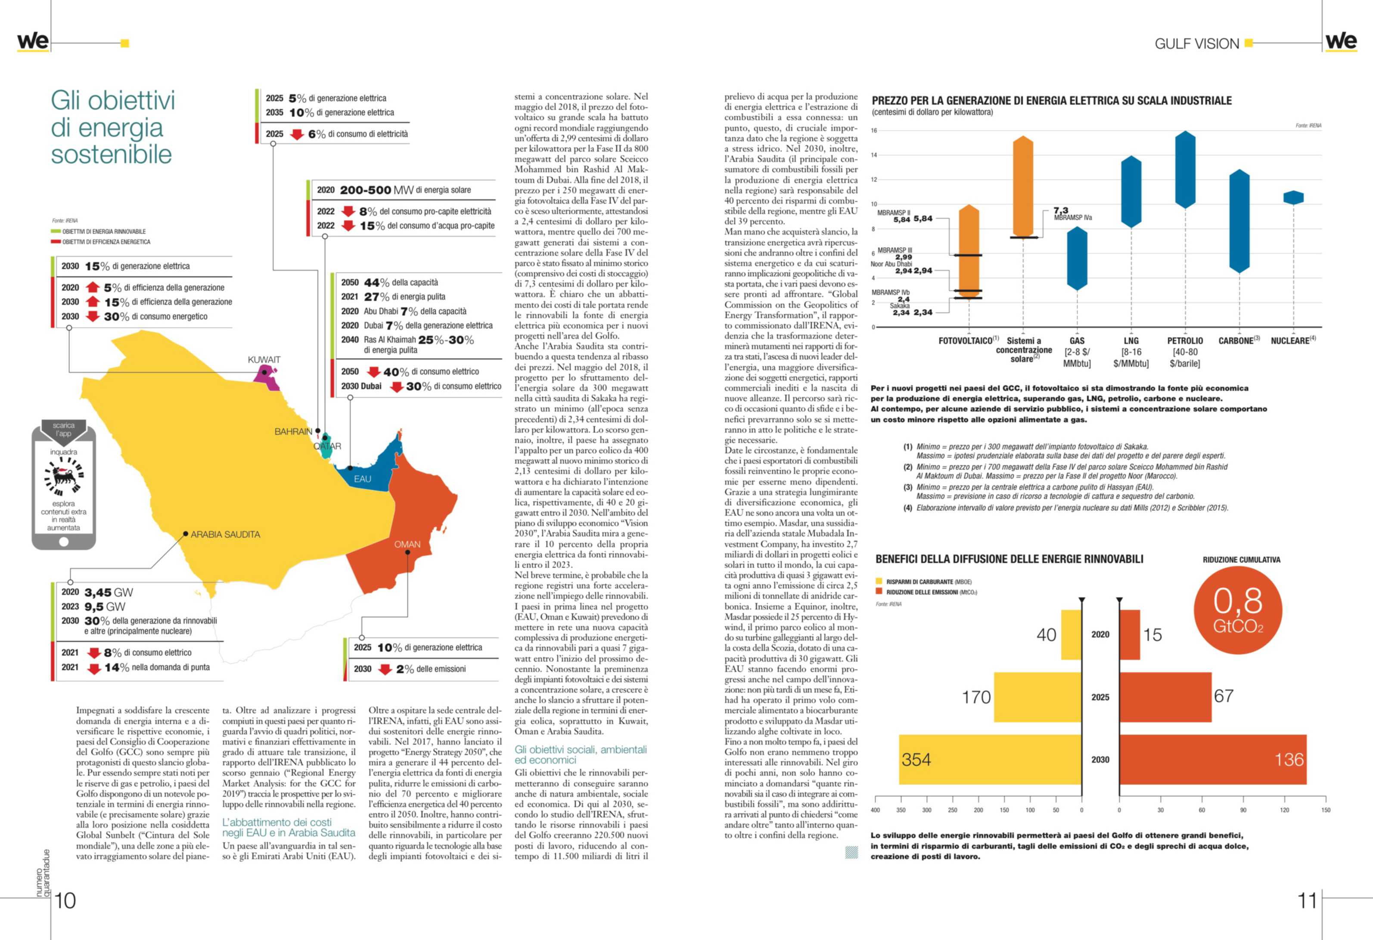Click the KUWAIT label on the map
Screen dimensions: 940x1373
click(x=264, y=359)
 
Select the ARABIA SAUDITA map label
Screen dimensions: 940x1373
click(x=225, y=535)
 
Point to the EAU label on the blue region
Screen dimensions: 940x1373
click(x=362, y=479)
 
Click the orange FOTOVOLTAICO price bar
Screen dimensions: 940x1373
click(x=969, y=251)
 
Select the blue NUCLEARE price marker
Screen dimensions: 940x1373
click(x=1293, y=197)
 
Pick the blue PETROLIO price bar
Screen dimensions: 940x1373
click(x=1185, y=170)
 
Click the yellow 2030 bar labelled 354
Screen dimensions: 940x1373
click(x=990, y=759)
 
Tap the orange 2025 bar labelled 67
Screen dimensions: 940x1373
click(x=1165, y=697)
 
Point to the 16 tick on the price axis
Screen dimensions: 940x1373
click(x=874, y=130)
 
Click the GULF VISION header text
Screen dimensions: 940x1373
click(x=1196, y=44)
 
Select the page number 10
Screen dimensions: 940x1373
click(x=65, y=900)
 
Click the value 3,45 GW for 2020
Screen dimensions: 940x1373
click(x=109, y=592)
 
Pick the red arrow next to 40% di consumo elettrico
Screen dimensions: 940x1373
click(x=373, y=372)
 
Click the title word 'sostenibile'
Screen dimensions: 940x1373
click(x=111, y=155)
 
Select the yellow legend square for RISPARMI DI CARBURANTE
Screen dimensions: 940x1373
click(x=879, y=581)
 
